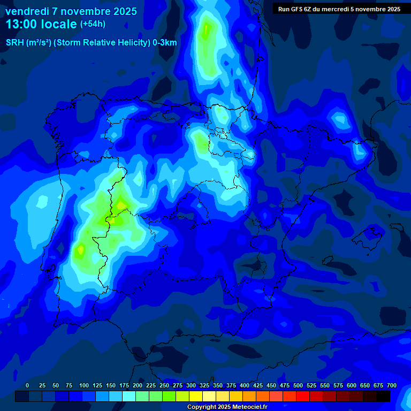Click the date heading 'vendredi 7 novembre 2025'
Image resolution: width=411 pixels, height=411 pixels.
71,11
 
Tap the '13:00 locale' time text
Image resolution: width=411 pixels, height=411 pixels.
41,24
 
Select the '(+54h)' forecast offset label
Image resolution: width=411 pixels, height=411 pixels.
93,24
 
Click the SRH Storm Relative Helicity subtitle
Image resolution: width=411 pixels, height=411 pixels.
92,43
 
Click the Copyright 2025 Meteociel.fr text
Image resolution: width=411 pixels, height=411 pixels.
227,407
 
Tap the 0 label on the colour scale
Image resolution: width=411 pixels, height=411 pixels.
27,385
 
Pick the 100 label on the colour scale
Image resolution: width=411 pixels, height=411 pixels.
84,385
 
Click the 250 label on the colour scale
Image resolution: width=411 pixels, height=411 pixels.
164,385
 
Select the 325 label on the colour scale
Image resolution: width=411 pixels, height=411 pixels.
204,385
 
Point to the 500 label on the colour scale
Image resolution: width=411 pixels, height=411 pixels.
298,385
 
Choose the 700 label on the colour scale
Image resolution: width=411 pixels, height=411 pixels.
392,385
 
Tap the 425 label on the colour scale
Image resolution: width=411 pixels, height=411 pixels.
258,385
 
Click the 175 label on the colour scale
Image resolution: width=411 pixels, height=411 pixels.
124,385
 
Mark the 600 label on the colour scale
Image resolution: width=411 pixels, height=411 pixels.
352,385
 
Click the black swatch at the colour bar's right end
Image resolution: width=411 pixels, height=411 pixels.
383,396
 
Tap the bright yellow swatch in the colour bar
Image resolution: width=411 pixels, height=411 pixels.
196,396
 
